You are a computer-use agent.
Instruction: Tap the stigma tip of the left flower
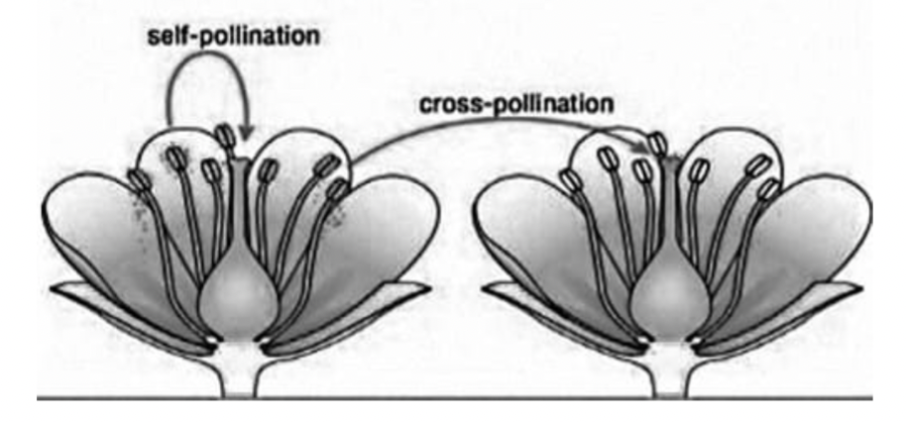click(237, 158)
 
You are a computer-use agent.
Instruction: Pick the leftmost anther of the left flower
click(138, 181)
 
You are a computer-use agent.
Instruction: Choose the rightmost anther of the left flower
click(338, 188)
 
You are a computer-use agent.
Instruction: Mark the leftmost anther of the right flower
click(569, 180)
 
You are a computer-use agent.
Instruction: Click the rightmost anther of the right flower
click(768, 188)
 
